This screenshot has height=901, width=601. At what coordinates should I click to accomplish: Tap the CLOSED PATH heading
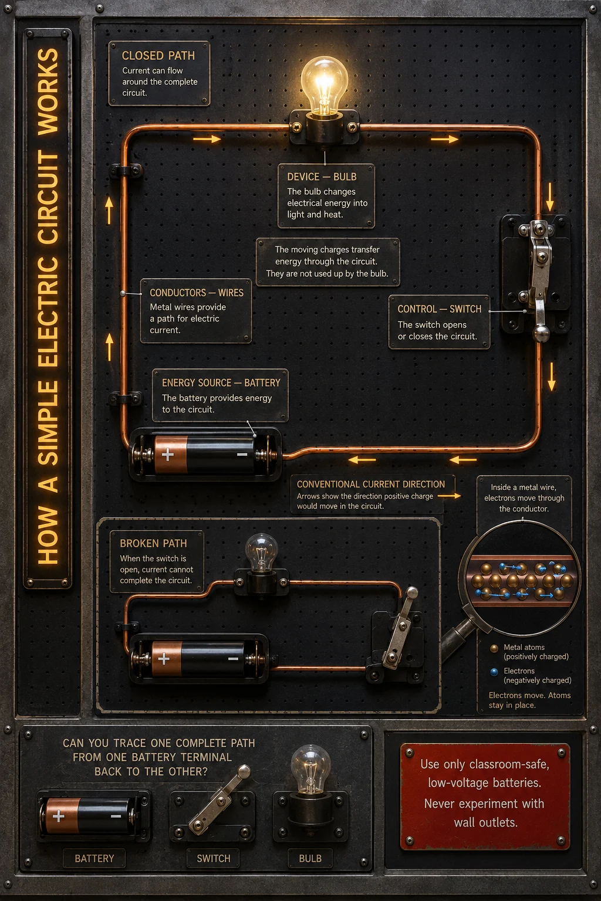click(158, 56)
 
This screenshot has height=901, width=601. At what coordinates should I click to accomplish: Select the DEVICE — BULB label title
click(322, 177)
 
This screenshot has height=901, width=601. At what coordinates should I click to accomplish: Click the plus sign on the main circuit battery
click(167, 455)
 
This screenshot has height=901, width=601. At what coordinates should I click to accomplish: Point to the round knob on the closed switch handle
click(541, 333)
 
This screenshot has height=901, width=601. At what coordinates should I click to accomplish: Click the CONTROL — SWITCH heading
click(439, 309)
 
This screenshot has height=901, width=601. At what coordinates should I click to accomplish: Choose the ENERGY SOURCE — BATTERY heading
click(221, 382)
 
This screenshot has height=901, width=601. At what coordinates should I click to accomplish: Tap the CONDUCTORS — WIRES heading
click(197, 293)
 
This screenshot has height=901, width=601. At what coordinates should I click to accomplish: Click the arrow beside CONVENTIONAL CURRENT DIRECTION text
click(449, 496)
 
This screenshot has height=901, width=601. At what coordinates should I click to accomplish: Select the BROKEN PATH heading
click(153, 543)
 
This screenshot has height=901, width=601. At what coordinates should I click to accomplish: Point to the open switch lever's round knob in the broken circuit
click(411, 592)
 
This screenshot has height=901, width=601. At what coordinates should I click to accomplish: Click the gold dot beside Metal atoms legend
click(494, 648)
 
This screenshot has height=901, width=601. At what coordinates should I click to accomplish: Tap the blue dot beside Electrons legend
click(494, 671)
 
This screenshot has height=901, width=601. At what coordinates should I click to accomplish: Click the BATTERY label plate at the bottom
click(94, 858)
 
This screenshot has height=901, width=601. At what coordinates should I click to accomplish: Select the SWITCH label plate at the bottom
click(214, 858)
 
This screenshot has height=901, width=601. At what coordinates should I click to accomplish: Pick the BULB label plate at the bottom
click(310, 858)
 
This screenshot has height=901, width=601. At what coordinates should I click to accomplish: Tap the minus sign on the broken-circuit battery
click(233, 659)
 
